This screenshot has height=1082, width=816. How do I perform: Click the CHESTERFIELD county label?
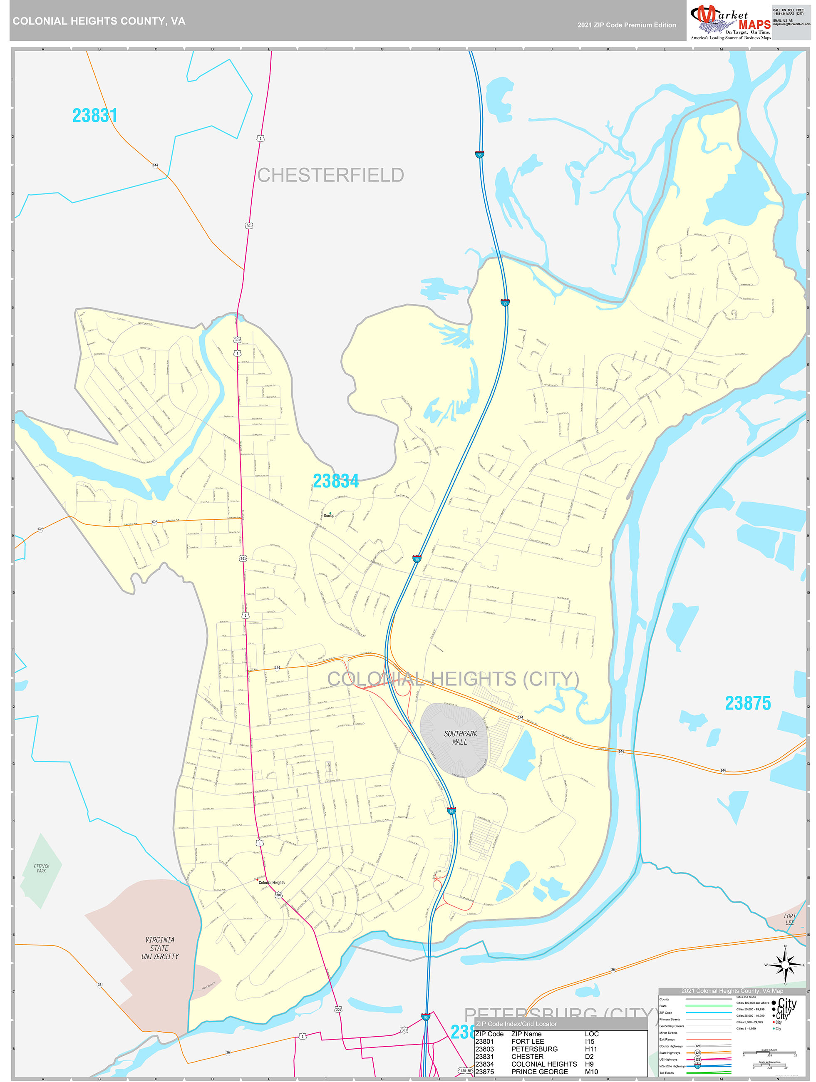tap(330, 175)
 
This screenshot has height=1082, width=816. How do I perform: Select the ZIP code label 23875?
tap(747, 703)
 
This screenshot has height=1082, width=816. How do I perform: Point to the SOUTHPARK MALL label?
tap(460, 738)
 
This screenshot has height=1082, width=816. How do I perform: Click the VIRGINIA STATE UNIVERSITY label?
tap(160, 948)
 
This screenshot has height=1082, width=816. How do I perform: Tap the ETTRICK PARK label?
tap(41, 868)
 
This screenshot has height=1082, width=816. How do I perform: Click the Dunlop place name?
tap(329, 516)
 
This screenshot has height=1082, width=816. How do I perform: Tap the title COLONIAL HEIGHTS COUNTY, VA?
tap(99, 21)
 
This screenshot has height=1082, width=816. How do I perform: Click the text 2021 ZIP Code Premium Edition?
tap(626, 25)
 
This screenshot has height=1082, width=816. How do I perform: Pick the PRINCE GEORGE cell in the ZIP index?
tap(539, 1072)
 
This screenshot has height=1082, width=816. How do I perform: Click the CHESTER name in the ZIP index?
tap(527, 1057)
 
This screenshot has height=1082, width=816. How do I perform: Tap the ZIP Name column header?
tap(526, 1034)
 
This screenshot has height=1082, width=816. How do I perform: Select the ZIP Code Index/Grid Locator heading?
tap(516, 1024)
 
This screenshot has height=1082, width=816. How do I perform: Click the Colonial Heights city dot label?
tap(271, 882)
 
